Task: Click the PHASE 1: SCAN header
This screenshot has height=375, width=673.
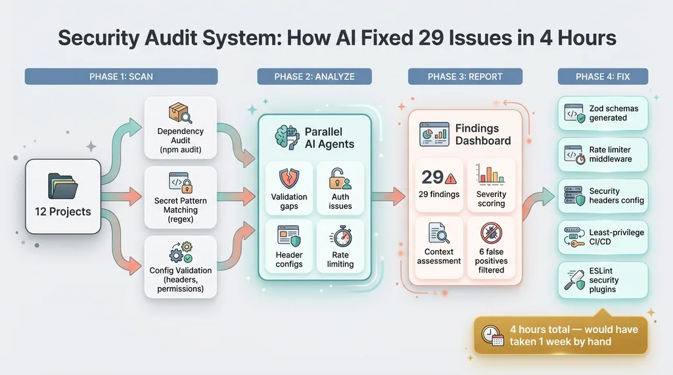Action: [x=121, y=77]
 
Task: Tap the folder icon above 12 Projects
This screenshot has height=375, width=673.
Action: [x=63, y=186]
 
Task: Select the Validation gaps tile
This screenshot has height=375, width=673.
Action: [x=289, y=187]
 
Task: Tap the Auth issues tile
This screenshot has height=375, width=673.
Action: [x=340, y=187]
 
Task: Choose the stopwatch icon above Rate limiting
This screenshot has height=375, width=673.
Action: [x=340, y=236]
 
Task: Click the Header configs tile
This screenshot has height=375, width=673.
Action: [x=289, y=246]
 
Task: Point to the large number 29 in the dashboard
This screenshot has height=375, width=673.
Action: [x=432, y=177]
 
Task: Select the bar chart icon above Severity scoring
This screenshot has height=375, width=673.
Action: [x=491, y=174]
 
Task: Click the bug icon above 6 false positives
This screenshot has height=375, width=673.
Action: [x=491, y=233]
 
